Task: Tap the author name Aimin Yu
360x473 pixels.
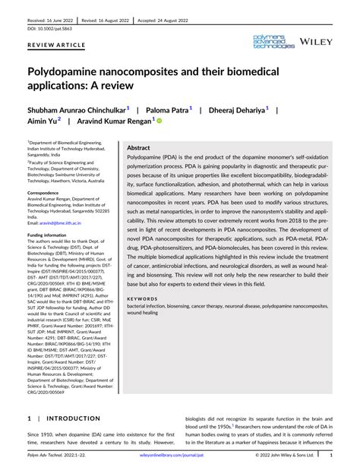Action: tap(43, 121)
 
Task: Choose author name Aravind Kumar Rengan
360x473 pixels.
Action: tap(112, 121)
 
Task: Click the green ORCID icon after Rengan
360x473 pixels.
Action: tap(159, 121)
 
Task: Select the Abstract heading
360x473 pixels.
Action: tap(138, 148)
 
